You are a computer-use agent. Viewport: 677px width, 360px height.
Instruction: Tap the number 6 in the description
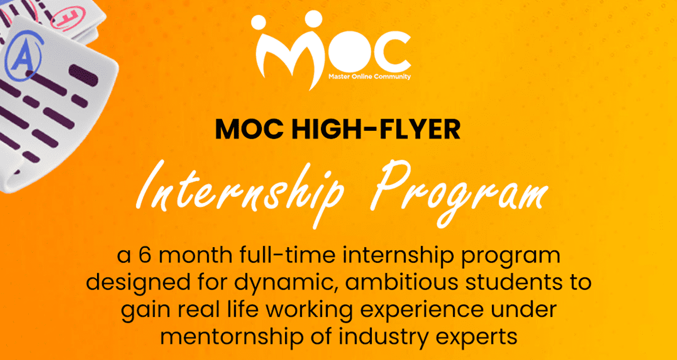point(145,256)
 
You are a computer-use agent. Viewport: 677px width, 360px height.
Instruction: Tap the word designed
point(130,283)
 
